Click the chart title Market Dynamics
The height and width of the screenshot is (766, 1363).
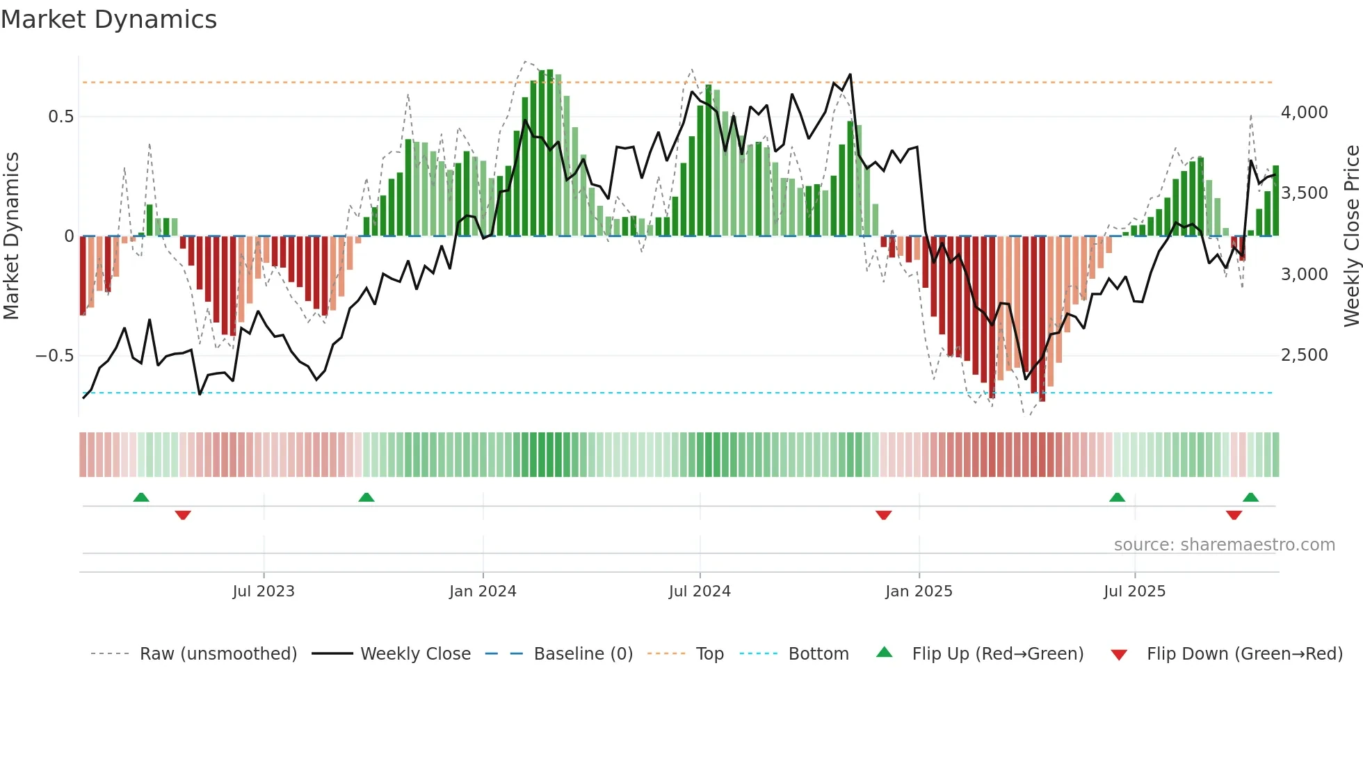[x=109, y=19]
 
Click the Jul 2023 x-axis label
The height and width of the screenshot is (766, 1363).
[x=264, y=592]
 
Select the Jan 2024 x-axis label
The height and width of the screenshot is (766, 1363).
[x=483, y=592]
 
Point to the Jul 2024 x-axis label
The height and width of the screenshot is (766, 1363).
[x=700, y=592]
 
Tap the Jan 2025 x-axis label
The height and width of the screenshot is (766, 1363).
[x=919, y=592]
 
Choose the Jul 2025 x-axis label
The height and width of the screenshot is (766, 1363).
[x=1134, y=592]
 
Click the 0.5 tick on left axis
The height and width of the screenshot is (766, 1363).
[x=61, y=117]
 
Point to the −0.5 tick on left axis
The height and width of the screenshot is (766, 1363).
[x=55, y=356]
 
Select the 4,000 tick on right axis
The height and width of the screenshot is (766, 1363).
[x=1304, y=113]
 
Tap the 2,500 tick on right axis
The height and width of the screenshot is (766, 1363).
[x=1304, y=355]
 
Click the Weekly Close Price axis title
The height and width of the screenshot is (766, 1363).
[x=1351, y=236]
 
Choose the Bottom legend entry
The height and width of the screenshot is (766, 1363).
[x=818, y=654]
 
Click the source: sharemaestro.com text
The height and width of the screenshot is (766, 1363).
[x=1224, y=545]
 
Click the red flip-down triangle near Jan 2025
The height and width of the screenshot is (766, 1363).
[x=884, y=515]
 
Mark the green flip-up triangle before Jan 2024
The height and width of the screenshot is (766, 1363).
[x=366, y=497]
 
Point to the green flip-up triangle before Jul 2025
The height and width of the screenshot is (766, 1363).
[x=1117, y=497]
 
